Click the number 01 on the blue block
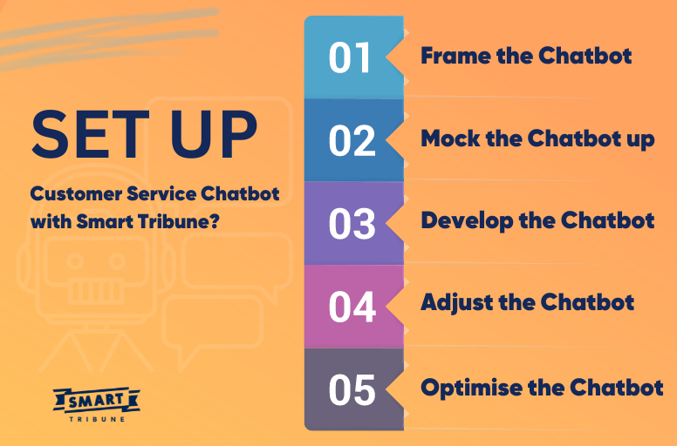[x=351, y=57]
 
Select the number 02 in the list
[x=352, y=140]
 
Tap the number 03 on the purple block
[x=352, y=224]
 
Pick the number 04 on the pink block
[x=352, y=307]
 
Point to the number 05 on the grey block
[x=352, y=389]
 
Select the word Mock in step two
[x=448, y=139]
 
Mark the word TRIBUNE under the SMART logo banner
[x=97, y=418]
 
